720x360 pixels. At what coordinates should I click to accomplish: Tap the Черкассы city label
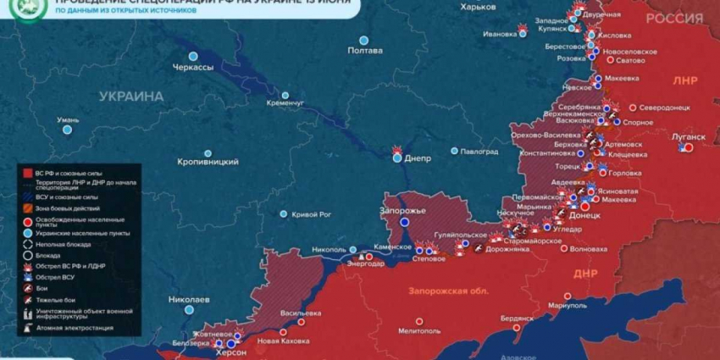(192, 67)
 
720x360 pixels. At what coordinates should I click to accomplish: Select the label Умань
(68, 120)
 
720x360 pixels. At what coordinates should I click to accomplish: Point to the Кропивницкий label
(208, 161)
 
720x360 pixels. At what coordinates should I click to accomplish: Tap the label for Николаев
(189, 300)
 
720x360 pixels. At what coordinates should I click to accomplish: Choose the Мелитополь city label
(420, 330)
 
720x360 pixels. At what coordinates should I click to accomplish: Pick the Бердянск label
(517, 318)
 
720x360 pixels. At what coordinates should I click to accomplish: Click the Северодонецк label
(664, 108)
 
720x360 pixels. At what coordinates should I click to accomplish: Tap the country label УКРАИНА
(131, 97)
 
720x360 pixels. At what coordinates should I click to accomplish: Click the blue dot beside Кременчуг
(285, 95)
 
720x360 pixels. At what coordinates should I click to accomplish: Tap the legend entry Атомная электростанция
(75, 327)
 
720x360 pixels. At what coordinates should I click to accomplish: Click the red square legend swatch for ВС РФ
(28, 173)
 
